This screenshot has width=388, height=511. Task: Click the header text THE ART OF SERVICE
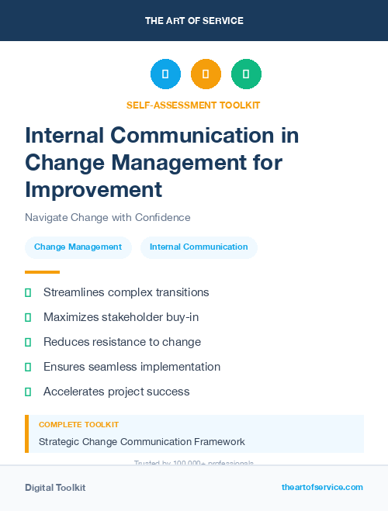[194, 21]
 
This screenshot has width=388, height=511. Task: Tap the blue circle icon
[165, 74]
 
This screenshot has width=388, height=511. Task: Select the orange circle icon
[206, 74]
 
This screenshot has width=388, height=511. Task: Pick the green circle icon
[246, 74]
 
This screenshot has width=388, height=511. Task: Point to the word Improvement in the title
[93, 189]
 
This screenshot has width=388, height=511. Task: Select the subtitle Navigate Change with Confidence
[107, 218]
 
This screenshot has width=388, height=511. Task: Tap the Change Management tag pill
[78, 247]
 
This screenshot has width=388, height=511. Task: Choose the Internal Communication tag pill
[199, 247]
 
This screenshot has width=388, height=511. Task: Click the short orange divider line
[42, 272]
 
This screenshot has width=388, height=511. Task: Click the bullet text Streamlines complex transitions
[126, 292]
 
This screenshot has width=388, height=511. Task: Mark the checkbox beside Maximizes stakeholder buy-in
[28, 317]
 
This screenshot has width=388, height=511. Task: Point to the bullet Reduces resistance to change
[122, 342]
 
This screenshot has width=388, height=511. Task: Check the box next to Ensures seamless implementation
[28, 367]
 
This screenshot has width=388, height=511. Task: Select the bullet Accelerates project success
[116, 392]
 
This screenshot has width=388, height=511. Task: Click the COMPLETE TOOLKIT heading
[78, 425]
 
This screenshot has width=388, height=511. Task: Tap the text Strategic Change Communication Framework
[141, 442]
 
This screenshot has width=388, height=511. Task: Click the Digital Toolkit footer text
[55, 488]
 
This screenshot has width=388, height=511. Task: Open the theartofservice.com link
[322, 487]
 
